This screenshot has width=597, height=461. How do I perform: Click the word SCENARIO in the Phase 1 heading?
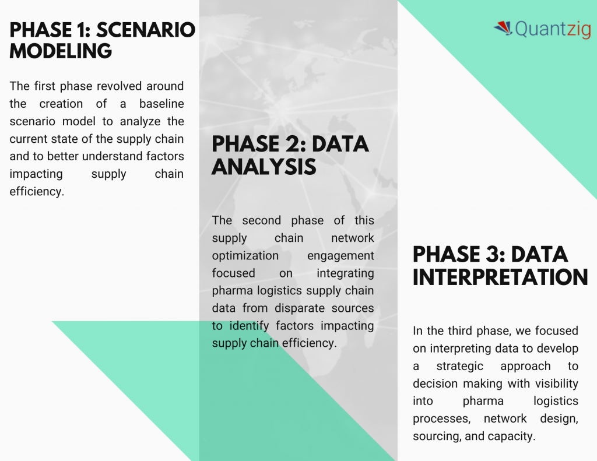(x=146, y=30)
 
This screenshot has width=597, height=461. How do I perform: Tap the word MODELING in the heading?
(x=61, y=51)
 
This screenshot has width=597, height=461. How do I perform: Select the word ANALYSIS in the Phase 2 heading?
(x=264, y=167)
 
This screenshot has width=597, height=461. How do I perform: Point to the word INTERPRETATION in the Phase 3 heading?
(x=500, y=277)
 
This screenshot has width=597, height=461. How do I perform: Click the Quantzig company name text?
(x=553, y=29)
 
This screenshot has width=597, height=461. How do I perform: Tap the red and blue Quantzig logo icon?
(x=503, y=28)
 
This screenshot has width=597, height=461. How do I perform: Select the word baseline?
(x=161, y=104)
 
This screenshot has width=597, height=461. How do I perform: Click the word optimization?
(x=245, y=256)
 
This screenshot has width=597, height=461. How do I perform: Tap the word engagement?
(x=340, y=256)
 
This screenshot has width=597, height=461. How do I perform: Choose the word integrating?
(x=345, y=273)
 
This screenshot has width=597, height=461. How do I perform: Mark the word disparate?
(x=300, y=308)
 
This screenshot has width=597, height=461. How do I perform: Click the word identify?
(x=249, y=326)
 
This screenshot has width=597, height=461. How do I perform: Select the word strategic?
(x=459, y=366)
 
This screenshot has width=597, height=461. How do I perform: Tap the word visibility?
(x=557, y=383)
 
